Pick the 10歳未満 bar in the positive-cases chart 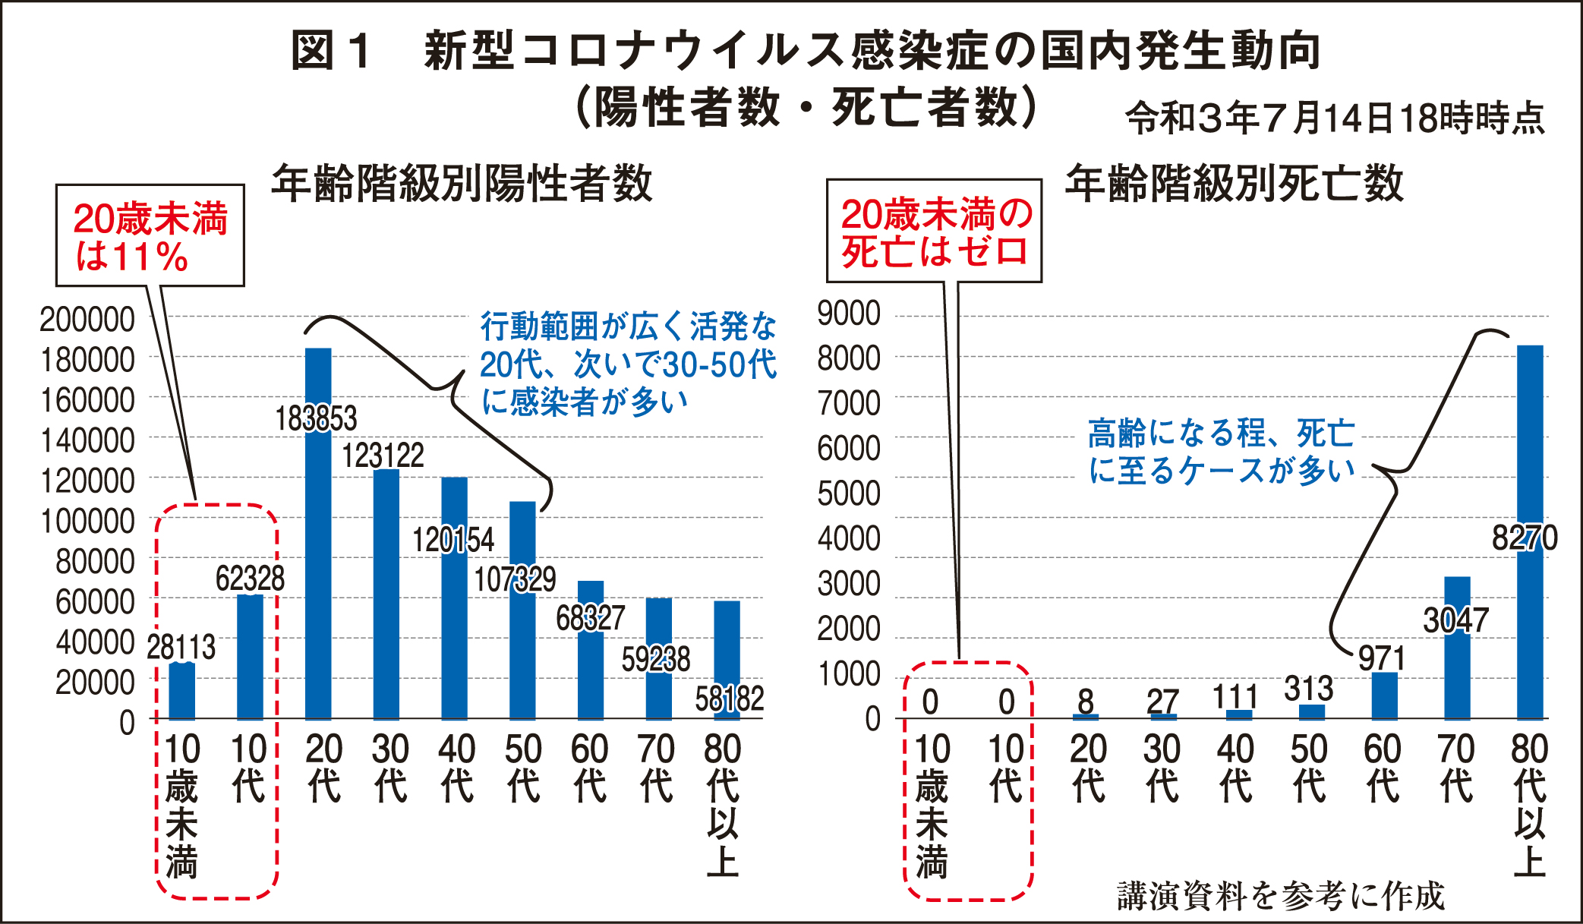(x=181, y=691)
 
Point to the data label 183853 (x=316, y=419)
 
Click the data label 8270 (x=1524, y=538)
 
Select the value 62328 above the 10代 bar (x=250, y=579)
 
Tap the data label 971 (x=1382, y=658)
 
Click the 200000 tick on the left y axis (x=87, y=320)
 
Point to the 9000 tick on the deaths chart (x=849, y=314)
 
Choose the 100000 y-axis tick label (x=87, y=522)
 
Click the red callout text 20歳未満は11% (x=150, y=237)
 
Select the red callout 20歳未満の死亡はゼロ (x=935, y=232)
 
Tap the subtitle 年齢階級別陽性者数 (x=462, y=184)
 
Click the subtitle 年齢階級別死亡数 (x=1234, y=184)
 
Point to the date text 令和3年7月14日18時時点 (x=1335, y=118)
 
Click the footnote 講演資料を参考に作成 (x=1281, y=896)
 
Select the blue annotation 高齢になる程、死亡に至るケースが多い (x=1221, y=452)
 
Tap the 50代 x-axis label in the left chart (x=523, y=767)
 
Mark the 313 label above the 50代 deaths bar (x=1308, y=689)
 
